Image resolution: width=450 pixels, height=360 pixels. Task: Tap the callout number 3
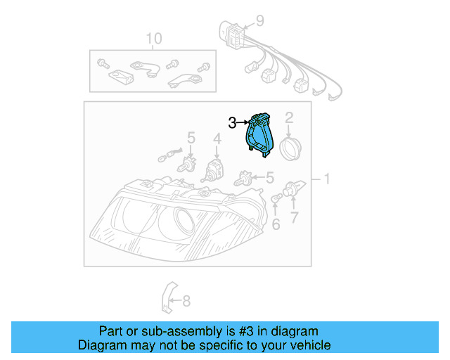coord(233,123)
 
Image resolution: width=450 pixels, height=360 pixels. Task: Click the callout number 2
coord(289,118)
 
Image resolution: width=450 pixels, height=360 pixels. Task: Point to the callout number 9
coord(259,20)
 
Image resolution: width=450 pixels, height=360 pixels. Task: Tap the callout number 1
coord(326,179)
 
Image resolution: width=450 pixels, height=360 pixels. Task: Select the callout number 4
coord(218,141)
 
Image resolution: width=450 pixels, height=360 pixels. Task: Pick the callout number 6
coord(276,224)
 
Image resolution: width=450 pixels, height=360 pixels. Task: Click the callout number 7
coord(294,218)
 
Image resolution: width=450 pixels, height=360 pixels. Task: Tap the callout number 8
coord(186,302)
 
